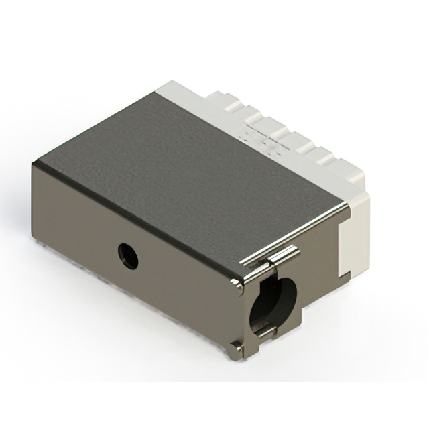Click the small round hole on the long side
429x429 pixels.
(x=127, y=255)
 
